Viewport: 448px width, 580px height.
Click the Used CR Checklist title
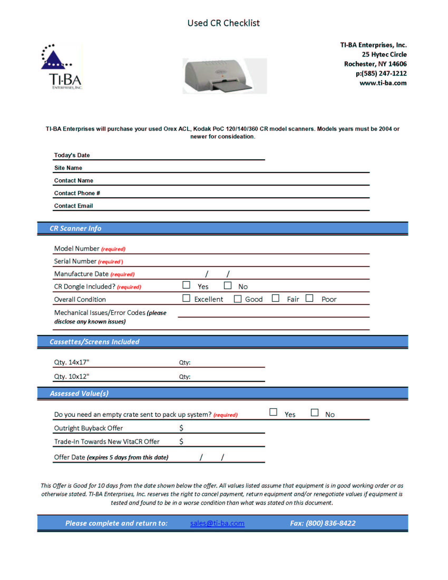223,23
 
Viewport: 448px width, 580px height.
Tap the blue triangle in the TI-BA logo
53,60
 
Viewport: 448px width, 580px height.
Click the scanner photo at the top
225,76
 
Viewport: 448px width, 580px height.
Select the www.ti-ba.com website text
383,83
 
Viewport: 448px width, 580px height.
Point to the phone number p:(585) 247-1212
381,74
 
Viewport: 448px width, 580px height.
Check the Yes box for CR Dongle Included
186,285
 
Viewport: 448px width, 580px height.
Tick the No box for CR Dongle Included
227,285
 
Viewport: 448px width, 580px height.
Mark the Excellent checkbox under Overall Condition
186,298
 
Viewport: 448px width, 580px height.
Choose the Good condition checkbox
237,299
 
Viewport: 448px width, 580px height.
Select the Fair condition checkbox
275,298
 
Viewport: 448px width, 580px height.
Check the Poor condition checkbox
309,298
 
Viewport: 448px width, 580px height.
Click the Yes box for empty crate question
273,412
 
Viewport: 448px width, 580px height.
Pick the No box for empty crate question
314,413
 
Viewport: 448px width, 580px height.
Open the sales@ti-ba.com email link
217,523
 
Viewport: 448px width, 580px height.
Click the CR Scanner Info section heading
75,228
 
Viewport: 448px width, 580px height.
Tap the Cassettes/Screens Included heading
94,342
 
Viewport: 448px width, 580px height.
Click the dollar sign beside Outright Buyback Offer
181,428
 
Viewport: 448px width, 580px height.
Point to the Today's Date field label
72,155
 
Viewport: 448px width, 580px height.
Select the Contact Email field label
74,206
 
